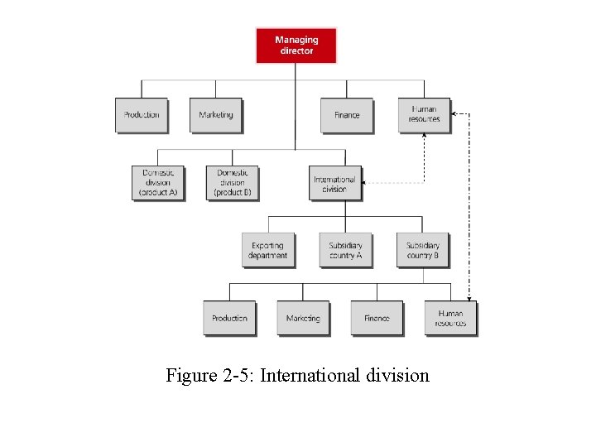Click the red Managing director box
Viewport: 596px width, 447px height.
[x=296, y=45]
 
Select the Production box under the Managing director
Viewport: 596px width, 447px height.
[x=142, y=115]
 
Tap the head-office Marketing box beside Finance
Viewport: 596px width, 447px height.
[x=216, y=115]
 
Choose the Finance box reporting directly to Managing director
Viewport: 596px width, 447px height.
[x=347, y=115]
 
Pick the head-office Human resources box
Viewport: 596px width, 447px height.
[x=424, y=114]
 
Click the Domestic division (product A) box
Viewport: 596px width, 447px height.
[x=157, y=183]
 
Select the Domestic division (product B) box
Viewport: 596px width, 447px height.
[x=232, y=183]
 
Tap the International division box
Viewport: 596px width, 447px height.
[x=334, y=183]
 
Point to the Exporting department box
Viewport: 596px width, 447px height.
[x=267, y=250]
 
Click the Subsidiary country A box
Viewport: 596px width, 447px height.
[x=345, y=250]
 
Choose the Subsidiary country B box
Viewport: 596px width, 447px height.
[x=422, y=250]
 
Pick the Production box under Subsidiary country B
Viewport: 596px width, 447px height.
[x=229, y=318]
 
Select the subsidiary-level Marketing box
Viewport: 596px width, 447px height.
[x=303, y=318]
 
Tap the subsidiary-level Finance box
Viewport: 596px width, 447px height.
[x=377, y=318]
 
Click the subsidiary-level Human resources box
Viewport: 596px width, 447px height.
[x=451, y=318]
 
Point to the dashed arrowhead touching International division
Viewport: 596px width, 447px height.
[x=366, y=183]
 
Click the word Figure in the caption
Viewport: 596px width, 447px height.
[x=190, y=376]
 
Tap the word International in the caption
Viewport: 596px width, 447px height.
[x=310, y=376]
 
